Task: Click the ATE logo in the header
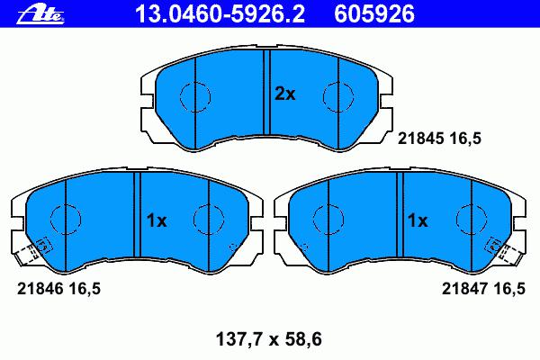40,14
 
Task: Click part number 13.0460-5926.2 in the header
220,14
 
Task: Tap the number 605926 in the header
374,14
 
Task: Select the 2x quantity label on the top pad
284,94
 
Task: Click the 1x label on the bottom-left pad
157,220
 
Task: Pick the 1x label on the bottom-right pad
418,220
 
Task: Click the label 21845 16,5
439,139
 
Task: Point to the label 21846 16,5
58,289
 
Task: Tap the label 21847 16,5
483,289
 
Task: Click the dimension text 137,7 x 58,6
268,339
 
